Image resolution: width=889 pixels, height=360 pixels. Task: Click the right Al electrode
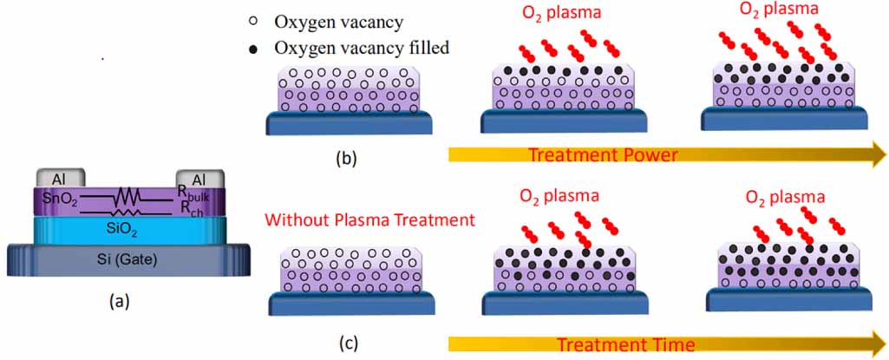pos(199,179)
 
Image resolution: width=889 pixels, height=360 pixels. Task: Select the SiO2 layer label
pos(128,229)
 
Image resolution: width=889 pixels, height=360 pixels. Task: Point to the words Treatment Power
pos(603,155)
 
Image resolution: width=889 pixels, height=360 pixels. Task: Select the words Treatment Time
pos(625,344)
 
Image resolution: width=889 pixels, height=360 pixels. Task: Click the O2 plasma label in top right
pos(768,14)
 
